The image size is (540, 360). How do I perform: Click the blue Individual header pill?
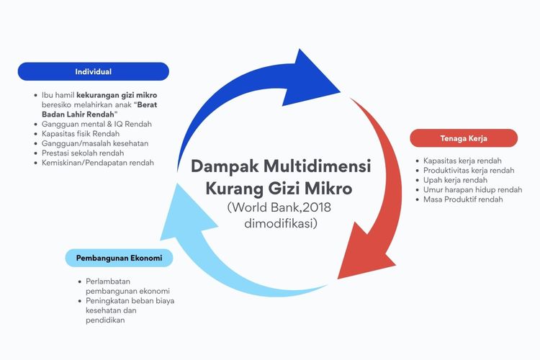93,71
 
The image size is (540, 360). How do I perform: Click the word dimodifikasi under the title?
281,224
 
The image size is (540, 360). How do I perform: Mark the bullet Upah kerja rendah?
455,180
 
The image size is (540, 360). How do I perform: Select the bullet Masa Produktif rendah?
462,199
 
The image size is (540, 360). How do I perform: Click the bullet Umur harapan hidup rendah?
472,189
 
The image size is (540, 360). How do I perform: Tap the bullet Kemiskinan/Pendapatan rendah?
99,163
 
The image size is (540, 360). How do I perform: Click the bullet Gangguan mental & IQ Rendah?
96,125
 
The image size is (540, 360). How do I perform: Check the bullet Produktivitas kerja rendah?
469,170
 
